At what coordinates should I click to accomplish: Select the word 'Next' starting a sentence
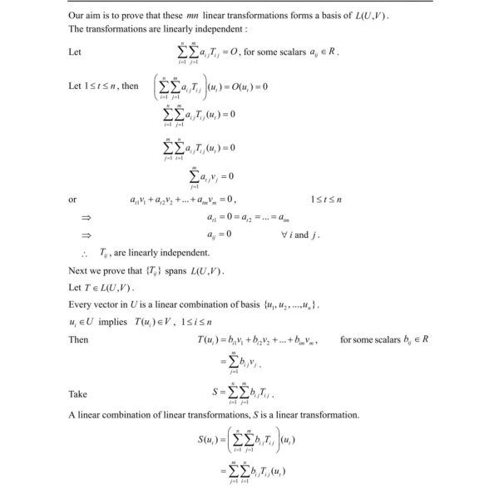(x=78, y=270)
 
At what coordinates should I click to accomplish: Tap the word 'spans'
(x=175, y=270)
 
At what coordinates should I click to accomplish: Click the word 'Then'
(x=78, y=339)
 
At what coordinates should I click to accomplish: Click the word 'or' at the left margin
(x=72, y=200)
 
